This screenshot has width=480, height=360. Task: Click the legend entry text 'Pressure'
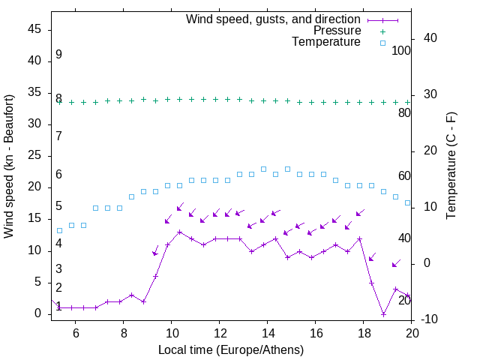(336, 31)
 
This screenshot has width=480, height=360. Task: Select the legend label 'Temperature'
(326, 42)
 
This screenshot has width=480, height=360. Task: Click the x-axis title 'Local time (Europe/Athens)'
(231, 349)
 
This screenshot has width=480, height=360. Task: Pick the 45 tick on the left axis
(34, 29)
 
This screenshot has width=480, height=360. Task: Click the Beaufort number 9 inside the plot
(58, 55)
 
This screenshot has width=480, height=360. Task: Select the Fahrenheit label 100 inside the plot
(401, 50)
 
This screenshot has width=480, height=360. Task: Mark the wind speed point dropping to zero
(383, 314)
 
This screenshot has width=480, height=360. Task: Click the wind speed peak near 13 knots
(179, 232)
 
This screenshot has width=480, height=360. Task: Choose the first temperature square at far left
(60, 230)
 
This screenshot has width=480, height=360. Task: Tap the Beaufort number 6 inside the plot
(58, 174)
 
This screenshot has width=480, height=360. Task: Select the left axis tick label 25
(34, 155)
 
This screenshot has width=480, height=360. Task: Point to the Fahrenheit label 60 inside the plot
(404, 175)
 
